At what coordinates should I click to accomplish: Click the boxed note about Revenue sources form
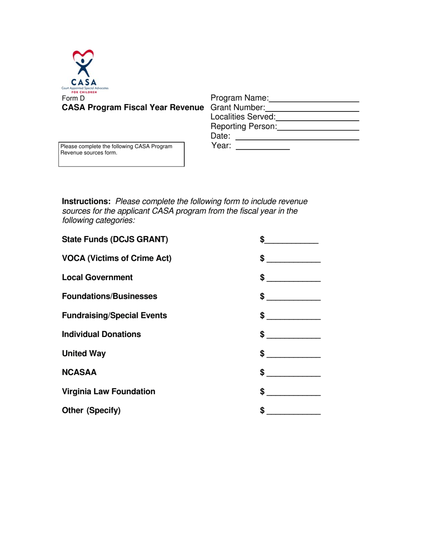click(x=121, y=154)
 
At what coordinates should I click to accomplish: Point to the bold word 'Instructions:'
click(x=86, y=201)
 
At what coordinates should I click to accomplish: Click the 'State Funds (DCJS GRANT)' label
click(x=115, y=240)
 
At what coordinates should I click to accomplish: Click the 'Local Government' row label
click(x=97, y=277)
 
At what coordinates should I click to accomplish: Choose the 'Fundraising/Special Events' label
click(x=114, y=316)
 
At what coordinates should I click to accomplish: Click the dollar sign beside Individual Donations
click(x=262, y=334)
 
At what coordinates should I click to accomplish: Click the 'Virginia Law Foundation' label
click(x=109, y=392)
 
